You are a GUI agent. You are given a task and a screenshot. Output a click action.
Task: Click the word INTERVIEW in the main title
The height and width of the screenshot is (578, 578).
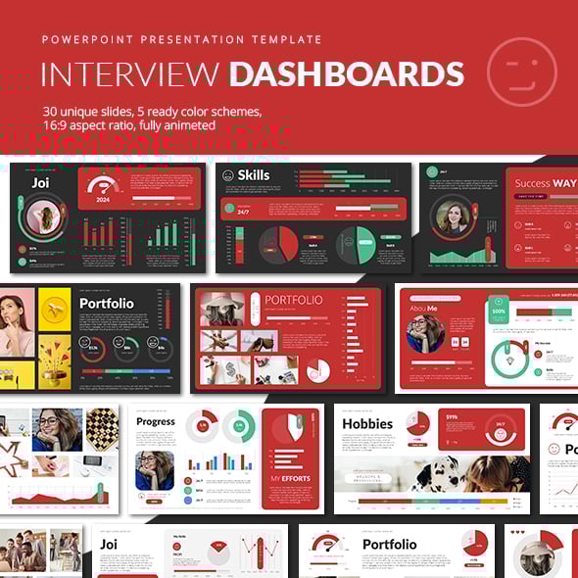pos(129,75)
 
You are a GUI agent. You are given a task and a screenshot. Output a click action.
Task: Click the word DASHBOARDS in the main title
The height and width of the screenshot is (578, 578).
pos(346,75)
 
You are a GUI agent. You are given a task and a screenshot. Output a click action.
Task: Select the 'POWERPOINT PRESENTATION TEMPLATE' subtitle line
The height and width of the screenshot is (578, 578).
pos(181,40)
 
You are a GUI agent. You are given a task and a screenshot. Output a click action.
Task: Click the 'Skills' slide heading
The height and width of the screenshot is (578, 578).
pos(253,175)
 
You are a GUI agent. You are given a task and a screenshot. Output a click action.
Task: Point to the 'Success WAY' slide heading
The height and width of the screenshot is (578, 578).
pos(545,183)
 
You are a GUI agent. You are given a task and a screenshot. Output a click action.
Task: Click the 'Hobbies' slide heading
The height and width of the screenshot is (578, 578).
pos(367,424)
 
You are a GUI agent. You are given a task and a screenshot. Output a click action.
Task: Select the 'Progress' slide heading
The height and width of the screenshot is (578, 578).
pos(156,422)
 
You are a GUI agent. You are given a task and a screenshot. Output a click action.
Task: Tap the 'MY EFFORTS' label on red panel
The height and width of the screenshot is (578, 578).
pos(291,478)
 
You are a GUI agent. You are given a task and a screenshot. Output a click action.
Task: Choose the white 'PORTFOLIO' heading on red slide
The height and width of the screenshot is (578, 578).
pos(293,300)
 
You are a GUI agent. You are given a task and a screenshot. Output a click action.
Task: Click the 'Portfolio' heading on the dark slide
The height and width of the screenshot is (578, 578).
pos(107,304)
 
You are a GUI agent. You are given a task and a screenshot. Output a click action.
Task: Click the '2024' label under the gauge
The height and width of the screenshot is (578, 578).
pos(103,200)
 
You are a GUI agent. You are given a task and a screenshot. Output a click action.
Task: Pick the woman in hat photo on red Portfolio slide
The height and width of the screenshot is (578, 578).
pos(222,309)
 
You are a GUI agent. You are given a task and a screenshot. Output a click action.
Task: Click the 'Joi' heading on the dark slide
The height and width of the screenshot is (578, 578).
pos(40,182)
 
